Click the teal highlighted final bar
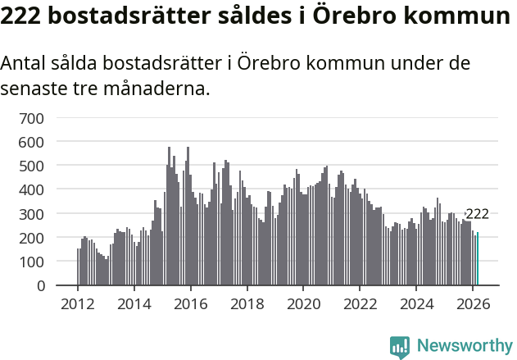point(478,259)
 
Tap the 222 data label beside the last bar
point(477,214)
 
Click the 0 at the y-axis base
point(39,285)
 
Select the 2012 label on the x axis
point(78,303)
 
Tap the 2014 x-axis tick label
point(134,303)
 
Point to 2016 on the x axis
point(191,303)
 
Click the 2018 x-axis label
point(247,303)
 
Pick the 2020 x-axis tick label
point(303,303)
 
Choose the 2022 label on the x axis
point(360,303)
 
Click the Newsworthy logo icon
point(400,347)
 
